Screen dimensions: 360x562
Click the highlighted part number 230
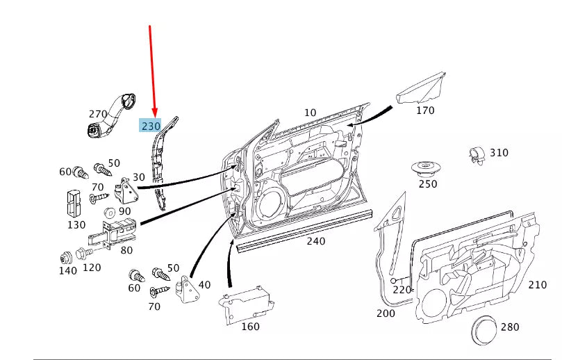tap(151, 126)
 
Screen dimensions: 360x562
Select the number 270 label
tap(99, 114)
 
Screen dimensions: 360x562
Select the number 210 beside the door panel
tap(537, 284)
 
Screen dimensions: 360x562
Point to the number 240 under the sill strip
tap(316, 241)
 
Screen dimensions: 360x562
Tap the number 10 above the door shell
tap(310, 113)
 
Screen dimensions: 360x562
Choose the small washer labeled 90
tap(108, 212)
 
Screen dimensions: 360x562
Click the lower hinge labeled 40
tap(186, 290)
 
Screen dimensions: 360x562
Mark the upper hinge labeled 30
tap(126, 188)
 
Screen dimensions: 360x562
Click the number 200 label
tap(385, 313)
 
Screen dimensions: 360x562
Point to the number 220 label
tap(402, 290)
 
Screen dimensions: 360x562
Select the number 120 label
tap(91, 268)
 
